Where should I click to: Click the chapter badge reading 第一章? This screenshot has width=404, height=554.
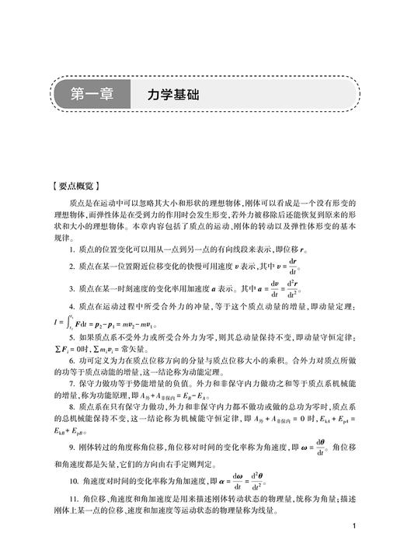click(91, 95)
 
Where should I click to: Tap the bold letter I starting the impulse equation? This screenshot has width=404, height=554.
click(54, 319)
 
